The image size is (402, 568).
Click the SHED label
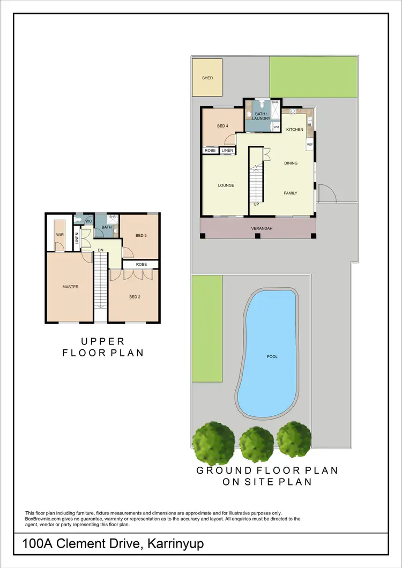207,78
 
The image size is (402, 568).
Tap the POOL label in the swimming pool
273,356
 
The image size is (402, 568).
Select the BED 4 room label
222,126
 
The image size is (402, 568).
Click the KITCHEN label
294,130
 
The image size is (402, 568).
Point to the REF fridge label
309,145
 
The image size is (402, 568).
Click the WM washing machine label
276,127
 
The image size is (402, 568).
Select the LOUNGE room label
226,186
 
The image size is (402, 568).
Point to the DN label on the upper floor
100,250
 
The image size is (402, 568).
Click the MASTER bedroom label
70,287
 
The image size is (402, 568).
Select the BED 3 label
141,236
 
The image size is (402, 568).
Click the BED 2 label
134,297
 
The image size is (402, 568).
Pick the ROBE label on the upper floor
141,264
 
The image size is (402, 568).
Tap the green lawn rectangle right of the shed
314,77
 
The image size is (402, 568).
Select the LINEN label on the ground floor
227,151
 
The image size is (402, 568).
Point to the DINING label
291,163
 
